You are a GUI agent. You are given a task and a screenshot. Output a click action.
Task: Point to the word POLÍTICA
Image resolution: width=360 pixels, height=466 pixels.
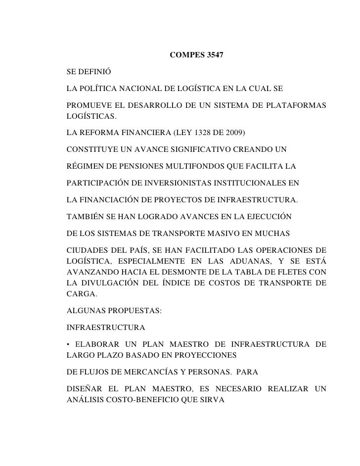[98, 91]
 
